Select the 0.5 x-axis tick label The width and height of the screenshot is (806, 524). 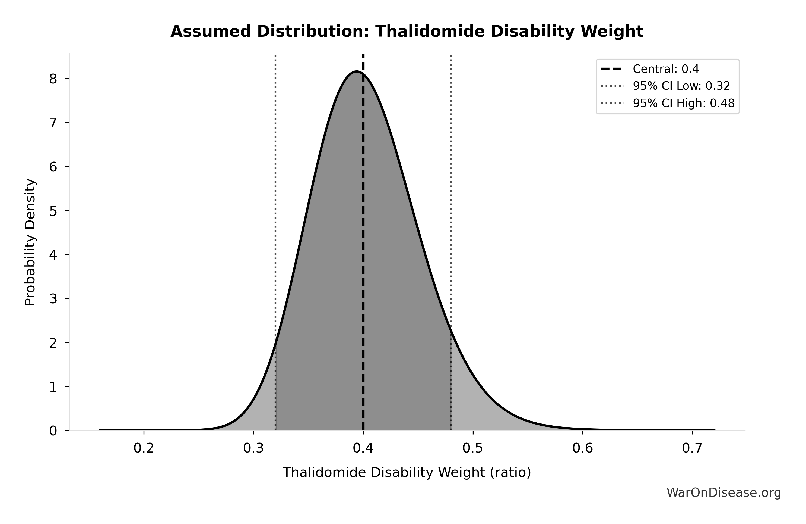(x=473, y=448)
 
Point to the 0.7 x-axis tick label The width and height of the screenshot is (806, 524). (x=692, y=448)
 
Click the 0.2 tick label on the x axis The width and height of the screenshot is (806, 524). (x=144, y=448)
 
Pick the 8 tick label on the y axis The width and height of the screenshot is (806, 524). (x=53, y=79)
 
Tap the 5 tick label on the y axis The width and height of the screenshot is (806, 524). (x=53, y=211)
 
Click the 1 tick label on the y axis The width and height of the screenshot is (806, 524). (x=53, y=387)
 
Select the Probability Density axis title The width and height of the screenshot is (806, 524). (x=30, y=242)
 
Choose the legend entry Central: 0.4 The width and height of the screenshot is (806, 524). (x=666, y=69)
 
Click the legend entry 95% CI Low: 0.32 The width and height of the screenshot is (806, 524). (x=681, y=86)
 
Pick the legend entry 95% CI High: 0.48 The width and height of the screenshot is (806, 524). (x=683, y=103)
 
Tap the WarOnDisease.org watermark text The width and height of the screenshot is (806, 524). (x=724, y=492)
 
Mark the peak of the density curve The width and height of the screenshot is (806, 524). (x=356, y=71)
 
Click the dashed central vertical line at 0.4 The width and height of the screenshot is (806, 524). (x=363, y=238)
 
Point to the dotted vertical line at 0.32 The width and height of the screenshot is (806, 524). (x=275, y=204)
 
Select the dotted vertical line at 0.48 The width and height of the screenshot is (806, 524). (x=451, y=204)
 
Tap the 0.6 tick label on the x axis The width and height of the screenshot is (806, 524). (x=582, y=448)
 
